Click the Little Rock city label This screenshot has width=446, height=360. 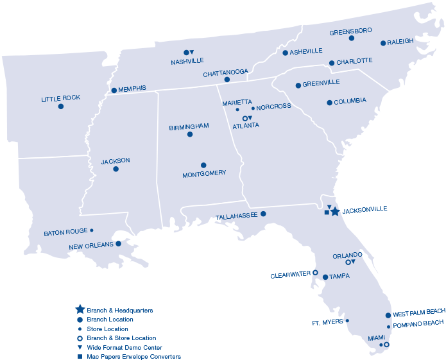[60, 98]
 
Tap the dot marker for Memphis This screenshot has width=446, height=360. [114, 90]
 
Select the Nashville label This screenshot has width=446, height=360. [187, 61]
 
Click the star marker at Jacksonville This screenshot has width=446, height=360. [335, 211]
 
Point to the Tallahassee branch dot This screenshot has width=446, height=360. [263, 214]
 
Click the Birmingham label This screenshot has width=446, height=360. [189, 127]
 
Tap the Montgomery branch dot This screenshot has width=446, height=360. [203, 165]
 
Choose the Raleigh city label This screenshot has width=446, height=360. [400, 42]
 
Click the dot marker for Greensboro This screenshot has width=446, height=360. [352, 38]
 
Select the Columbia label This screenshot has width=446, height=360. [350, 101]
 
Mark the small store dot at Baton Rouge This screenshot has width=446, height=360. [92, 230]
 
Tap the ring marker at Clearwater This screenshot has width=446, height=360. [315, 273]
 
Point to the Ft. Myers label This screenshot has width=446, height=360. [327, 322]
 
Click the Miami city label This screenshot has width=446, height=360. [377, 337]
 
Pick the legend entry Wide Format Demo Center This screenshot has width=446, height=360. [120, 347]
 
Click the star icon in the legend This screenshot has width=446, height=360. [80, 310]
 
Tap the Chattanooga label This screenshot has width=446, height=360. [225, 73]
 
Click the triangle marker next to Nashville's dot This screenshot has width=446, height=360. [192, 52]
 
